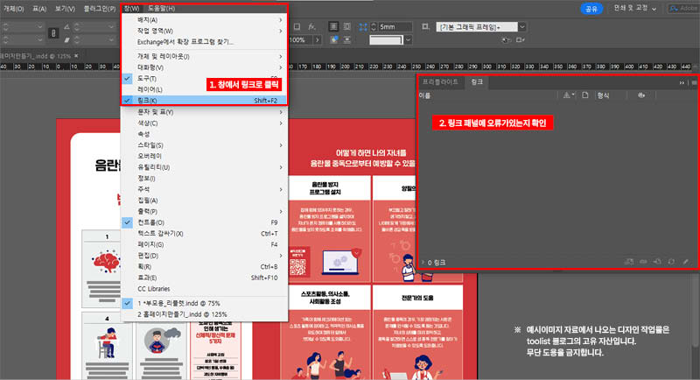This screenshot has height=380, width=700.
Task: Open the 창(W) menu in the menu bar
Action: pyautogui.click(x=132, y=8)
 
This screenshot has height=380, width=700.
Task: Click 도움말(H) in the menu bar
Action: pyautogui.click(x=161, y=8)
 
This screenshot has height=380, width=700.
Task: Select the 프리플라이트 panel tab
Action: pyautogui.click(x=440, y=81)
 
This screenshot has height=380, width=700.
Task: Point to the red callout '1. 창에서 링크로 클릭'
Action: pyautogui.click(x=243, y=86)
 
